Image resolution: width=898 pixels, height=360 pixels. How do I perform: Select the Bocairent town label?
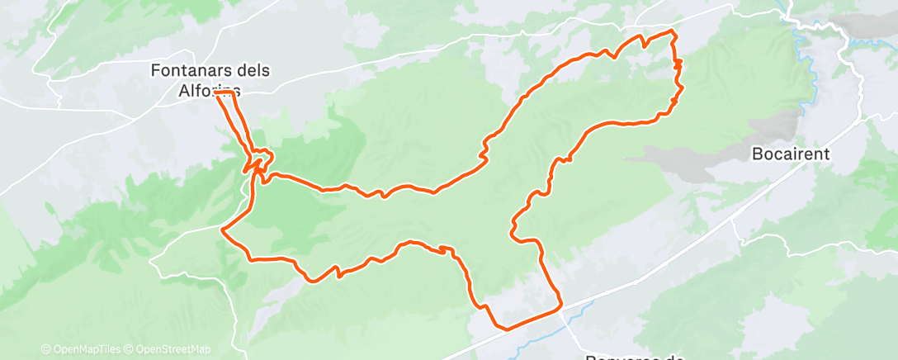point(790,154)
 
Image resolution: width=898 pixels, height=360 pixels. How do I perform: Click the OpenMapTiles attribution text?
point(85,350)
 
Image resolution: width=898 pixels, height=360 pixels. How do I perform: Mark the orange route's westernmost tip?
point(222,230)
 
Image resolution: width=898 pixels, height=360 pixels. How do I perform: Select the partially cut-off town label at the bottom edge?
point(636,356)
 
